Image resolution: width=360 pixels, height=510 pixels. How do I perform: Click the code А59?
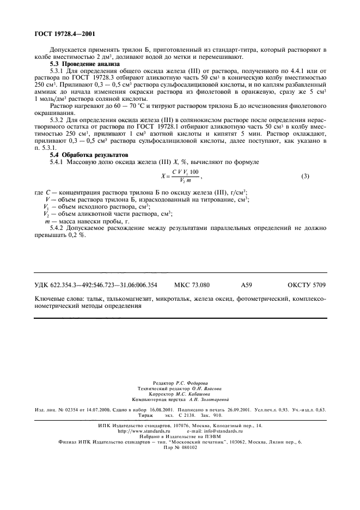246,284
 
